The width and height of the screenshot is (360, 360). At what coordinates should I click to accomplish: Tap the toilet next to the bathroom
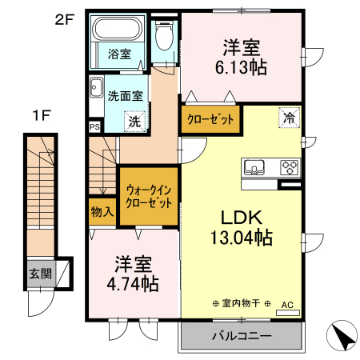(x=165, y=35)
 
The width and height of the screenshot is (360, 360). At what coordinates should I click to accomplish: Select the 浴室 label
(x=119, y=54)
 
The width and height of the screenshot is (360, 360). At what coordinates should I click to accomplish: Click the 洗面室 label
(x=126, y=94)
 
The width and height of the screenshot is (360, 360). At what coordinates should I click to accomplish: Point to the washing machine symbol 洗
(x=134, y=122)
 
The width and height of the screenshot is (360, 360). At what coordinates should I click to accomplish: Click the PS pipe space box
(x=94, y=126)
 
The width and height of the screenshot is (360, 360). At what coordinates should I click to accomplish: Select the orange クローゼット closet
(x=211, y=119)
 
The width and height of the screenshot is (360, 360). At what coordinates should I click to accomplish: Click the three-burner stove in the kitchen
(x=289, y=168)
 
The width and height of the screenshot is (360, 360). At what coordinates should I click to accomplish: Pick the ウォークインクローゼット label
(x=150, y=196)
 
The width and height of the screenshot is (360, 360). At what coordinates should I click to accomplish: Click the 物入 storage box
(x=102, y=212)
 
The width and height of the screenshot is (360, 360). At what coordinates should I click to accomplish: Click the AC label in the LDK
(x=287, y=304)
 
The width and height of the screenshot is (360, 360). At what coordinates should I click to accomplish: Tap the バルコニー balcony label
(x=242, y=335)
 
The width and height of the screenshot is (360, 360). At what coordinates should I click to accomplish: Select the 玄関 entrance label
(x=41, y=274)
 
